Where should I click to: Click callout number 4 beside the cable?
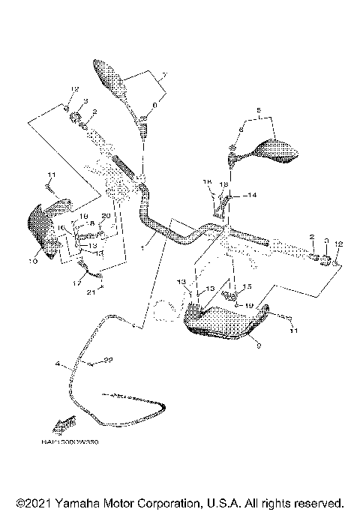[56, 366]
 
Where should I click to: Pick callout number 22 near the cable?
[108, 361]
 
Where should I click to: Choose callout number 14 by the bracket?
[252, 195]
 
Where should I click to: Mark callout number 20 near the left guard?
[105, 215]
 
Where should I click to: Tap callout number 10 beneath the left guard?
[32, 262]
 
